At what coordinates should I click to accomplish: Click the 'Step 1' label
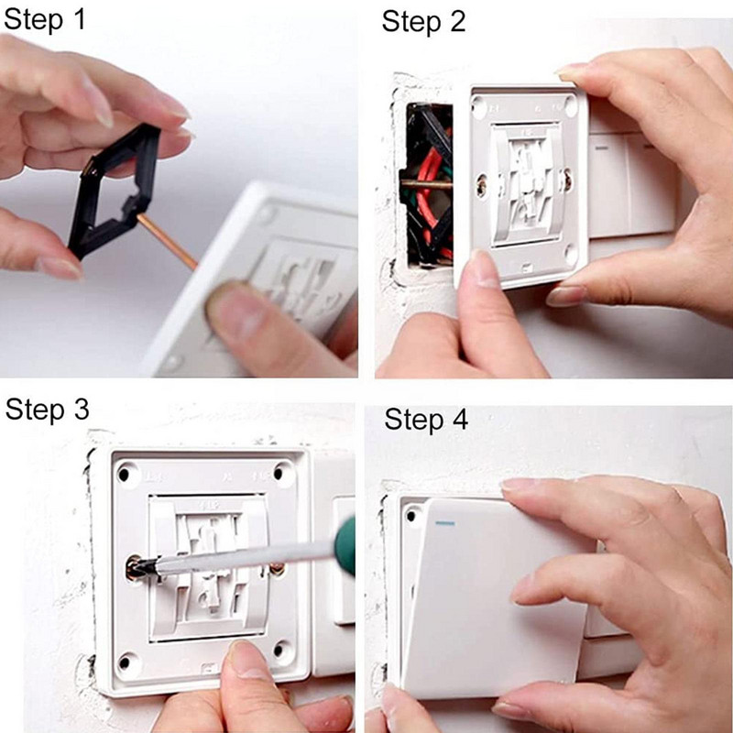click(45, 19)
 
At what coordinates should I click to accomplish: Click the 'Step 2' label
click(423, 21)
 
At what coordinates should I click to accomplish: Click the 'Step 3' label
click(48, 409)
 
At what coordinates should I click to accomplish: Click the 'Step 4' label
click(426, 419)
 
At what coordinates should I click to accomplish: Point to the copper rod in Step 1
click(168, 241)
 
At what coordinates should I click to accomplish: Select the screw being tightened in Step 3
click(136, 567)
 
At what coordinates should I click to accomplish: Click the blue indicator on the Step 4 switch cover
click(444, 522)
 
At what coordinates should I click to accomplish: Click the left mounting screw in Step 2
click(482, 186)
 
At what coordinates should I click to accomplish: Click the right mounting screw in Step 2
click(567, 180)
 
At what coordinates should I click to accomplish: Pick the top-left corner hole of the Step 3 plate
click(124, 475)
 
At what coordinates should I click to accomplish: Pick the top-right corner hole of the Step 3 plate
click(279, 473)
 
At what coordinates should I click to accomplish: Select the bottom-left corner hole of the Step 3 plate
click(125, 662)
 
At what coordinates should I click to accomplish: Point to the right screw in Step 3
click(277, 568)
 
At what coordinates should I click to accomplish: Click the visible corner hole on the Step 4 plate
click(411, 516)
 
